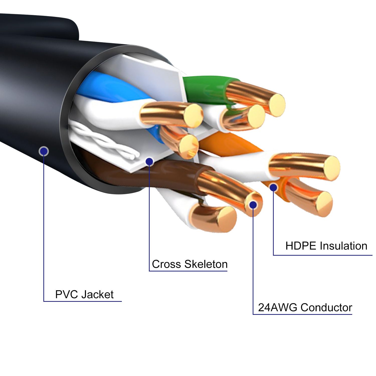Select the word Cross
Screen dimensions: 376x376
pyautogui.click(x=166, y=264)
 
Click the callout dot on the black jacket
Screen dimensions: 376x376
pyautogui.click(x=44, y=151)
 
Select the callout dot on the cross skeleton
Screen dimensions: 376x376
pyautogui.click(x=149, y=161)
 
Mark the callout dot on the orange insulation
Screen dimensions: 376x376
pyautogui.click(x=273, y=187)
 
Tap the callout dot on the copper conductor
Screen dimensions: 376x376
pyautogui.click(x=253, y=205)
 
